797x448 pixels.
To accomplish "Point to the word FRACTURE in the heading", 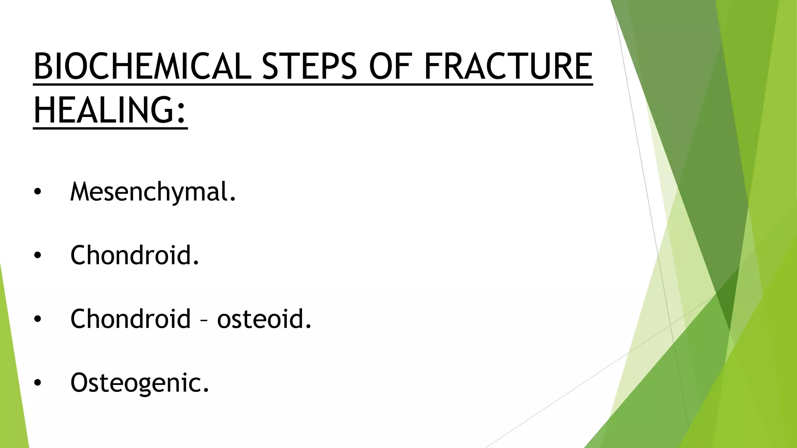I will click(x=508, y=66).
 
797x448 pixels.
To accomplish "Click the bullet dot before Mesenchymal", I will click(x=37, y=192).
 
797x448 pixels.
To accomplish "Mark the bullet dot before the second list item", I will click(x=37, y=255).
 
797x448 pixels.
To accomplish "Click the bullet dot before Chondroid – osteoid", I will click(x=37, y=319).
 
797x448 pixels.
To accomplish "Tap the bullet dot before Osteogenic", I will click(x=37, y=383).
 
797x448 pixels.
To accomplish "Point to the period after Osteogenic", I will click(x=206, y=390).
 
